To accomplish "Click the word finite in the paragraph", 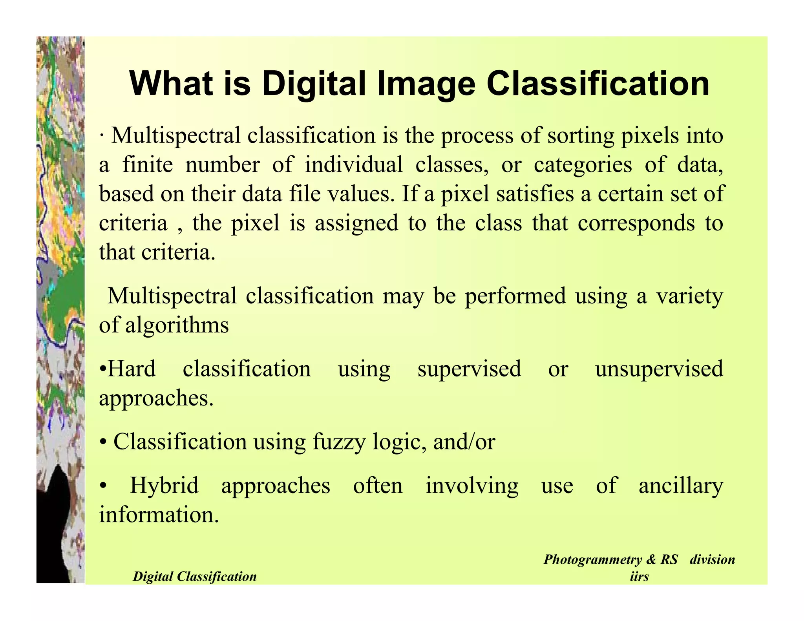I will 148,164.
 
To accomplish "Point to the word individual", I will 354,164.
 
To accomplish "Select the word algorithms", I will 177,325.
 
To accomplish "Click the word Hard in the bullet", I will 132,369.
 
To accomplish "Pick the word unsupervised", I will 659,369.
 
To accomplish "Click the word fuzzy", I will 339,442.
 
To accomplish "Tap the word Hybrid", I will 164,486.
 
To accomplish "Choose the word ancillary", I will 680,486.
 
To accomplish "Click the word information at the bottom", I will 158,514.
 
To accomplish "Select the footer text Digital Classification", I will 194,576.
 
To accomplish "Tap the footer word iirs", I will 639,576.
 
